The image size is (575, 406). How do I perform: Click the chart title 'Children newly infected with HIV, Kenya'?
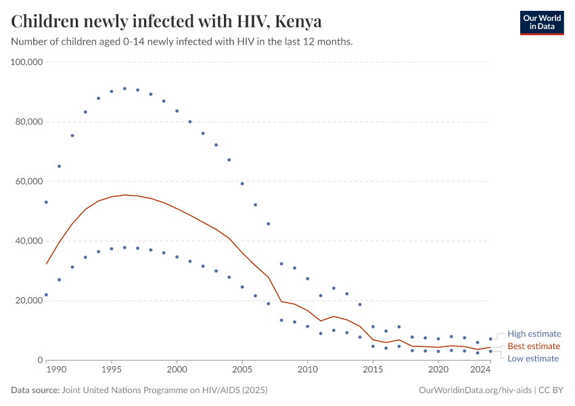[166, 22]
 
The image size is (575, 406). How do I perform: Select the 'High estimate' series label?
[534, 334]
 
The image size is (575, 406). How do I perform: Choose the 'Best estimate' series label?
[534, 346]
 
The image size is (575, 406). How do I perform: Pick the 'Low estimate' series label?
[533, 359]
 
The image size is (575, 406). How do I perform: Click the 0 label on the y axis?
[40, 360]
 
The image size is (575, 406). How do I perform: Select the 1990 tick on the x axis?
[56, 370]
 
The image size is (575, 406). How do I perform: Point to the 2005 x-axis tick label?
[242, 370]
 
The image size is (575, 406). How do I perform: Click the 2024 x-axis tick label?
[480, 370]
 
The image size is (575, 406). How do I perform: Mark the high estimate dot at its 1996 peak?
[124, 89]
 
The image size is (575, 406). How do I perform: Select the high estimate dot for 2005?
[242, 183]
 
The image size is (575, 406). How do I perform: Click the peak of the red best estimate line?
[124, 195]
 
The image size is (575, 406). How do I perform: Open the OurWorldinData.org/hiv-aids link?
[476, 390]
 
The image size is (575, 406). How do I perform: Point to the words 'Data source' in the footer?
[34, 390]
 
